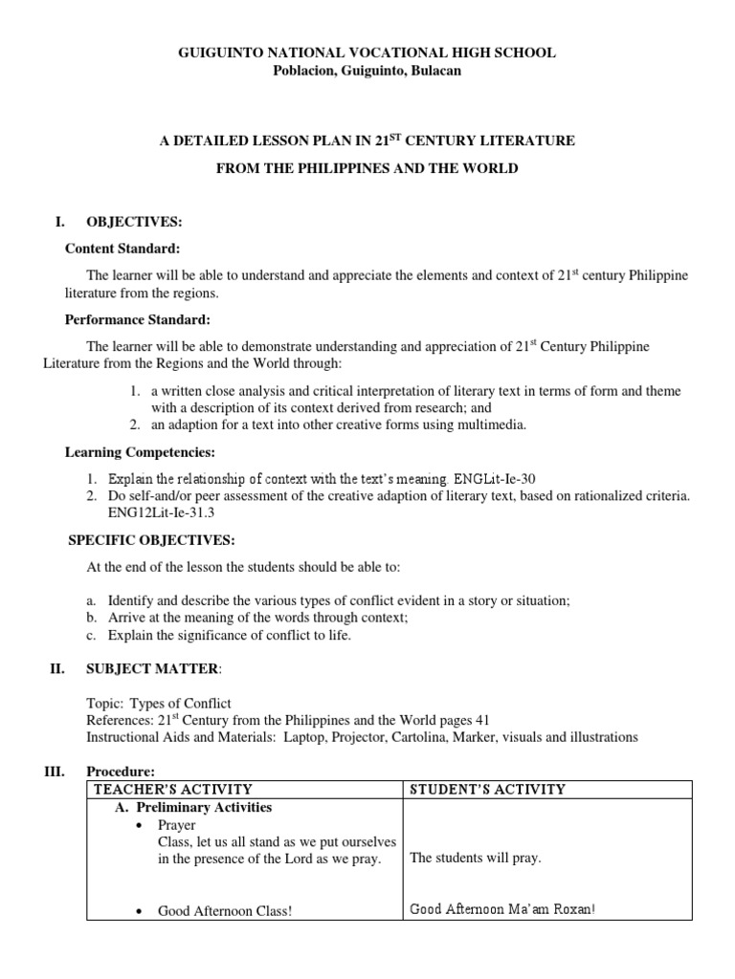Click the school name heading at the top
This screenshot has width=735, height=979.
coord(367,54)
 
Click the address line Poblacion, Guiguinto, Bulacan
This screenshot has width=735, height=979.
coord(367,72)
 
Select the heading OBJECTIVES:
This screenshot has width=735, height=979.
coord(134,222)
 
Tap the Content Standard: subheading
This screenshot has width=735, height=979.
coord(122,249)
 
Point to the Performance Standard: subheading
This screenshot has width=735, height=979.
coord(137,319)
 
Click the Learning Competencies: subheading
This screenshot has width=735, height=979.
coord(140,451)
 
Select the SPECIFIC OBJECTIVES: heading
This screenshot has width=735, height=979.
coord(151,540)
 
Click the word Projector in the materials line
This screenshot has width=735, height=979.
coord(355,737)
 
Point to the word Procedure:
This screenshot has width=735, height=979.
coord(120,772)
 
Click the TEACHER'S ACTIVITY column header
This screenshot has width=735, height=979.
coord(172,790)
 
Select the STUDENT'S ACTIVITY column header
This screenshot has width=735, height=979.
coord(487,790)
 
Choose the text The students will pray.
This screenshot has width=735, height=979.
coord(475,858)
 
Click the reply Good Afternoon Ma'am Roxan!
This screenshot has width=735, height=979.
coord(502,910)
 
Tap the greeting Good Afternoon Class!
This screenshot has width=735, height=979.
coord(225,911)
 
